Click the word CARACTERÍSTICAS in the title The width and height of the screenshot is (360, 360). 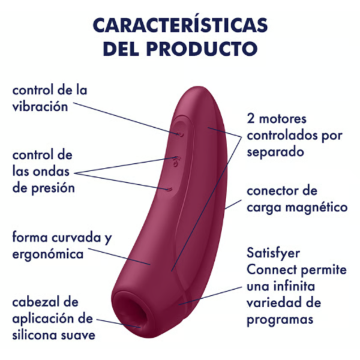click(180, 25)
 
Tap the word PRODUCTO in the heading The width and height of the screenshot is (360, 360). click(202, 49)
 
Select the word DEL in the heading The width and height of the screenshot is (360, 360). click(121, 49)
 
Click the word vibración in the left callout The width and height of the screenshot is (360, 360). click(40, 107)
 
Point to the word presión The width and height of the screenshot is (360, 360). click(53, 188)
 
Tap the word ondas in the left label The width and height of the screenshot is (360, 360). click(51, 171)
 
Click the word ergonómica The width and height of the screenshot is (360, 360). click(48, 254)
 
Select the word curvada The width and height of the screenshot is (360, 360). click(76, 237)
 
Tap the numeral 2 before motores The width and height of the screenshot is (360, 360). click(251, 119)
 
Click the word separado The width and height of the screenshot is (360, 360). click(275, 152)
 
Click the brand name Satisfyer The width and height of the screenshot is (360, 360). click(273, 253)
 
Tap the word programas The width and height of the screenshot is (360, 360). click(280, 320)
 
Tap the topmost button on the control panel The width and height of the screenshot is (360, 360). click(180, 134)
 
